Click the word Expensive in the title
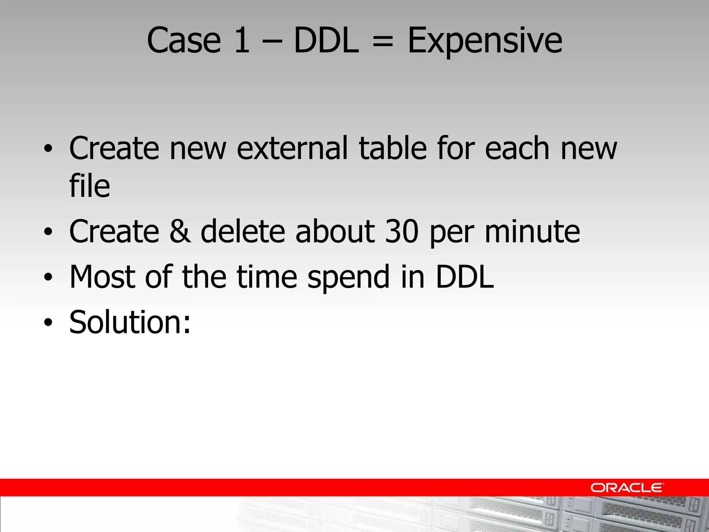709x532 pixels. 485,42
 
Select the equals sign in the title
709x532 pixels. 383,42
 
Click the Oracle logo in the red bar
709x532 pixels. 627,488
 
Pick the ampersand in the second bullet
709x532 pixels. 180,231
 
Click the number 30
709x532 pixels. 402,231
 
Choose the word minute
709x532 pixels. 532,231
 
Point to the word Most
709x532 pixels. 102,277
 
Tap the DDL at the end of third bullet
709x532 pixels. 465,277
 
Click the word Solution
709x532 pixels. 130,322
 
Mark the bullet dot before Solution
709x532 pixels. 48,323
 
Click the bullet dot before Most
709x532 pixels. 48,277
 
